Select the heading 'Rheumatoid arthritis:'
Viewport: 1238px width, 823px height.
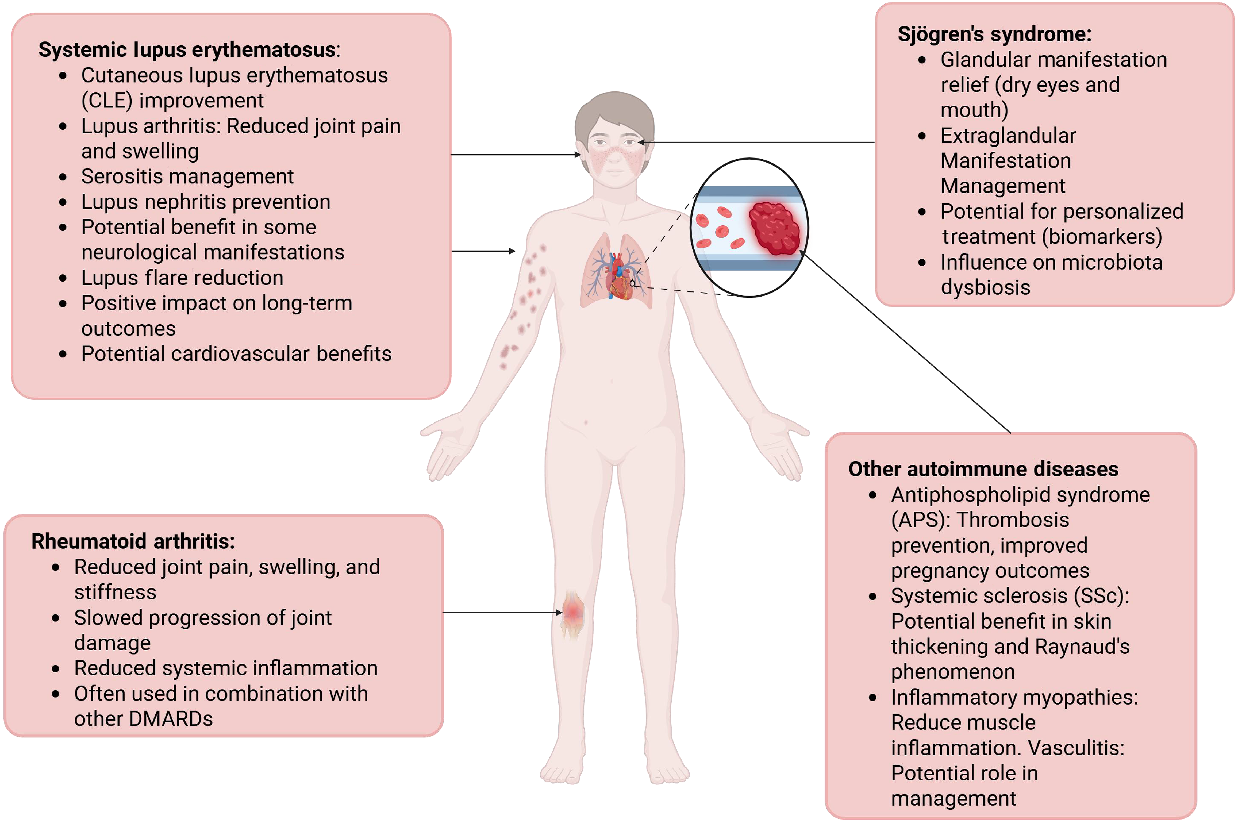coord(133,541)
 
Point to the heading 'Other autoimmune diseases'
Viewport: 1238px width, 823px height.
coord(983,469)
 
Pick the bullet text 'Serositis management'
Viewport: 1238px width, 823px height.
coord(187,176)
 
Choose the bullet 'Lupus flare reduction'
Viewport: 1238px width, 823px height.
coord(182,278)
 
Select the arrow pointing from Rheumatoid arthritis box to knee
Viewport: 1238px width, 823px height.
coord(501,613)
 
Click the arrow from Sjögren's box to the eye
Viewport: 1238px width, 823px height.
coord(756,142)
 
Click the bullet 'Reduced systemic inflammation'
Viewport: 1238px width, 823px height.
coord(226,668)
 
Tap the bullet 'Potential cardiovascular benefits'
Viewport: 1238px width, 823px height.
coord(236,354)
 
